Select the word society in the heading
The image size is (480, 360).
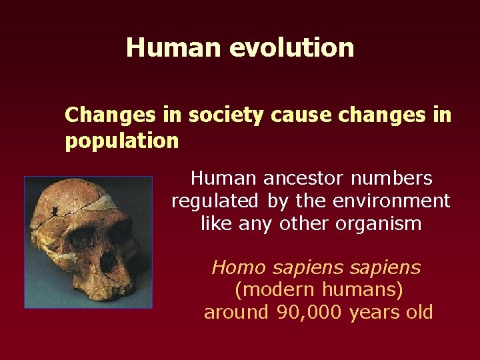tap(227, 115)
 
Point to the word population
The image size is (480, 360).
tap(121, 141)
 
